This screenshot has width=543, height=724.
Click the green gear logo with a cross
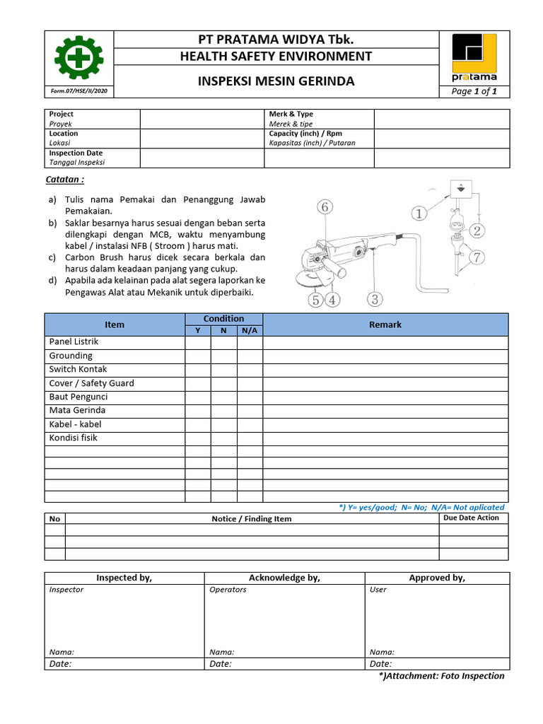[78, 57]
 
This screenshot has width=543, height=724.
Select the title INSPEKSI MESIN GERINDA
[275, 81]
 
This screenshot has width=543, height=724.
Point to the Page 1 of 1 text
[474, 91]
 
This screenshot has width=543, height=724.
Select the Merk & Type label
[291, 114]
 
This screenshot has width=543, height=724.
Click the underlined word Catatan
[65, 180]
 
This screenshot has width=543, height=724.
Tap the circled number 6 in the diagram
[325, 207]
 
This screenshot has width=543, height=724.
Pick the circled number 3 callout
[375, 300]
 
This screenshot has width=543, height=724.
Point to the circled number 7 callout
[478, 257]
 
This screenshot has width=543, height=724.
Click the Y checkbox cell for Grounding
[198, 356]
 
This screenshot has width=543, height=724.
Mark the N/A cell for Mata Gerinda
[250, 410]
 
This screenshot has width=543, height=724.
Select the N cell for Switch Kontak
[223, 369]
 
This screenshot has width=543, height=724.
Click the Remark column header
[385, 325]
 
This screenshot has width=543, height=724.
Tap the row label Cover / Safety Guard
[91, 383]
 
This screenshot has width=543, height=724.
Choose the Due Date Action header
[470, 518]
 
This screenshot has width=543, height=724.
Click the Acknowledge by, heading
[284, 578]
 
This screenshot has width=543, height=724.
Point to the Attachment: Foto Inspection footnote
[442, 676]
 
